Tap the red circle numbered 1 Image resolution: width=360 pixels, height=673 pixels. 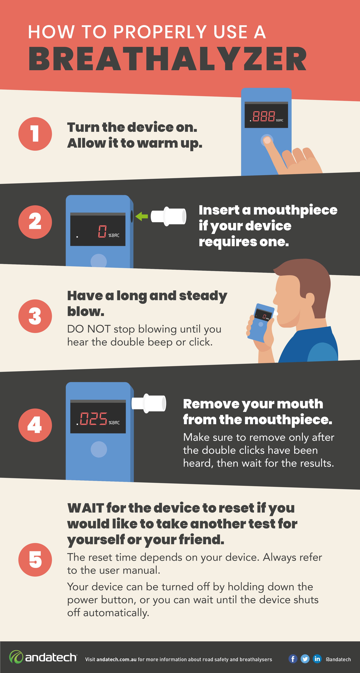coord(35,134)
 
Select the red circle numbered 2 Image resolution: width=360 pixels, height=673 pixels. coord(35,222)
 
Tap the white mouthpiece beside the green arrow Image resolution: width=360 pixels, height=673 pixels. coord(168,216)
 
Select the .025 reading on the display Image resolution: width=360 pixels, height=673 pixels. coord(92,419)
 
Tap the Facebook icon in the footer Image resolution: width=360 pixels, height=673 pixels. coord(293,659)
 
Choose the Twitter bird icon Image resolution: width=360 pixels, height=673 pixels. coord(305,659)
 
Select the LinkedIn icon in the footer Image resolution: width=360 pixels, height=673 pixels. coord(317,659)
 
